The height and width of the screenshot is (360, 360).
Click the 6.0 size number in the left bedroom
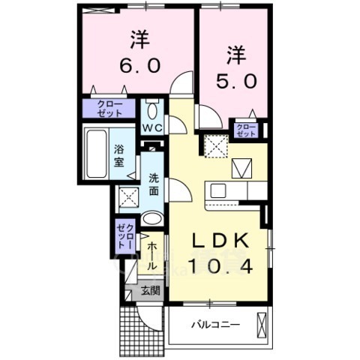click(138, 64)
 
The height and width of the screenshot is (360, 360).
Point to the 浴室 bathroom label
click(118, 154)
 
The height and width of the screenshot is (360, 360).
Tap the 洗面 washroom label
click(153, 184)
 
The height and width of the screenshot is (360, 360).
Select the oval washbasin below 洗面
click(151, 220)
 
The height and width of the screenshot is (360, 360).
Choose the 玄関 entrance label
click(150, 291)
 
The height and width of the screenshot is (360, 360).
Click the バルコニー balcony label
click(214, 325)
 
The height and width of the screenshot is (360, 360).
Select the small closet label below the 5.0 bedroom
click(245, 130)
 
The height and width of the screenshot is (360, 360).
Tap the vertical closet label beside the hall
click(124, 235)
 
